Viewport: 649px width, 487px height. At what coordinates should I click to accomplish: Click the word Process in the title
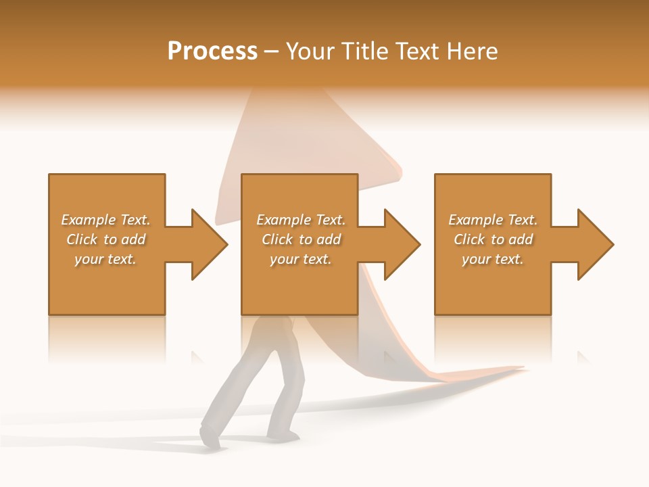[212, 51]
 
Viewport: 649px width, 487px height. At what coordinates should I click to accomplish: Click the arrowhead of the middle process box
[401, 244]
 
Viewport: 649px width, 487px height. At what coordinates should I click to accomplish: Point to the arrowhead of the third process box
[594, 244]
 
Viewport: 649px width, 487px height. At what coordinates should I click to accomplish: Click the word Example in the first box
[88, 220]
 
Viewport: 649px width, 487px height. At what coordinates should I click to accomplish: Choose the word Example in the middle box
[283, 220]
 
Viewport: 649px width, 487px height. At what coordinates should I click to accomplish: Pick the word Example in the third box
[475, 220]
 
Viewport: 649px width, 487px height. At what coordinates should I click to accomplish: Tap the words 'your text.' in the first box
[105, 259]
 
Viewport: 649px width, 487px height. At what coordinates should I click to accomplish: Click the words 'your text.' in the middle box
[300, 259]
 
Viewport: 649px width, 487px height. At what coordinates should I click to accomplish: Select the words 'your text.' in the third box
[493, 259]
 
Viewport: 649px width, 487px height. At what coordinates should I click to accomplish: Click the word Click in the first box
[82, 239]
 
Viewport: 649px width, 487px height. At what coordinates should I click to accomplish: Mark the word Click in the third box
[469, 239]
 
